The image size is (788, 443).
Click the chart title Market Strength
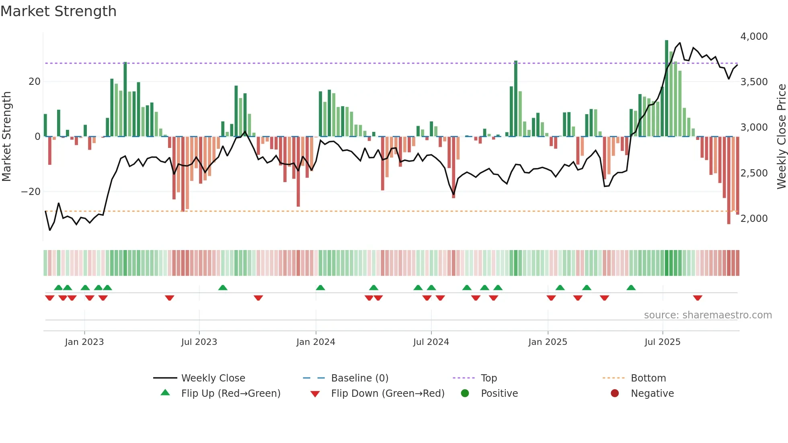[x=58, y=11]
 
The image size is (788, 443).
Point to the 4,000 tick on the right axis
[x=754, y=36]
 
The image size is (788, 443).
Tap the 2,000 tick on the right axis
[x=754, y=218]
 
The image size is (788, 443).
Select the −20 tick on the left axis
[x=31, y=192]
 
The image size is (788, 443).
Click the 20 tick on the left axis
[x=35, y=82]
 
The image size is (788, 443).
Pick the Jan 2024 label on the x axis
[x=316, y=342]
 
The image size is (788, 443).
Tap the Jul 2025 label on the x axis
[x=662, y=342]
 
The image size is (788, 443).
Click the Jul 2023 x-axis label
[x=199, y=342]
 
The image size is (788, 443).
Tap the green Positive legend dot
[x=465, y=394]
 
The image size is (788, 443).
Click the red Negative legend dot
[x=615, y=394]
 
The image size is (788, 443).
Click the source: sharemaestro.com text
[x=708, y=315]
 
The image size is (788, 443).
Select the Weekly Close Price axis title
[x=781, y=136]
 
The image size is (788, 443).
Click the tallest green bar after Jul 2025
[x=667, y=88]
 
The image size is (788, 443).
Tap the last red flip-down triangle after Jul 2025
[x=698, y=298]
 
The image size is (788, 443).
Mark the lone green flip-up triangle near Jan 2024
[x=320, y=287]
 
